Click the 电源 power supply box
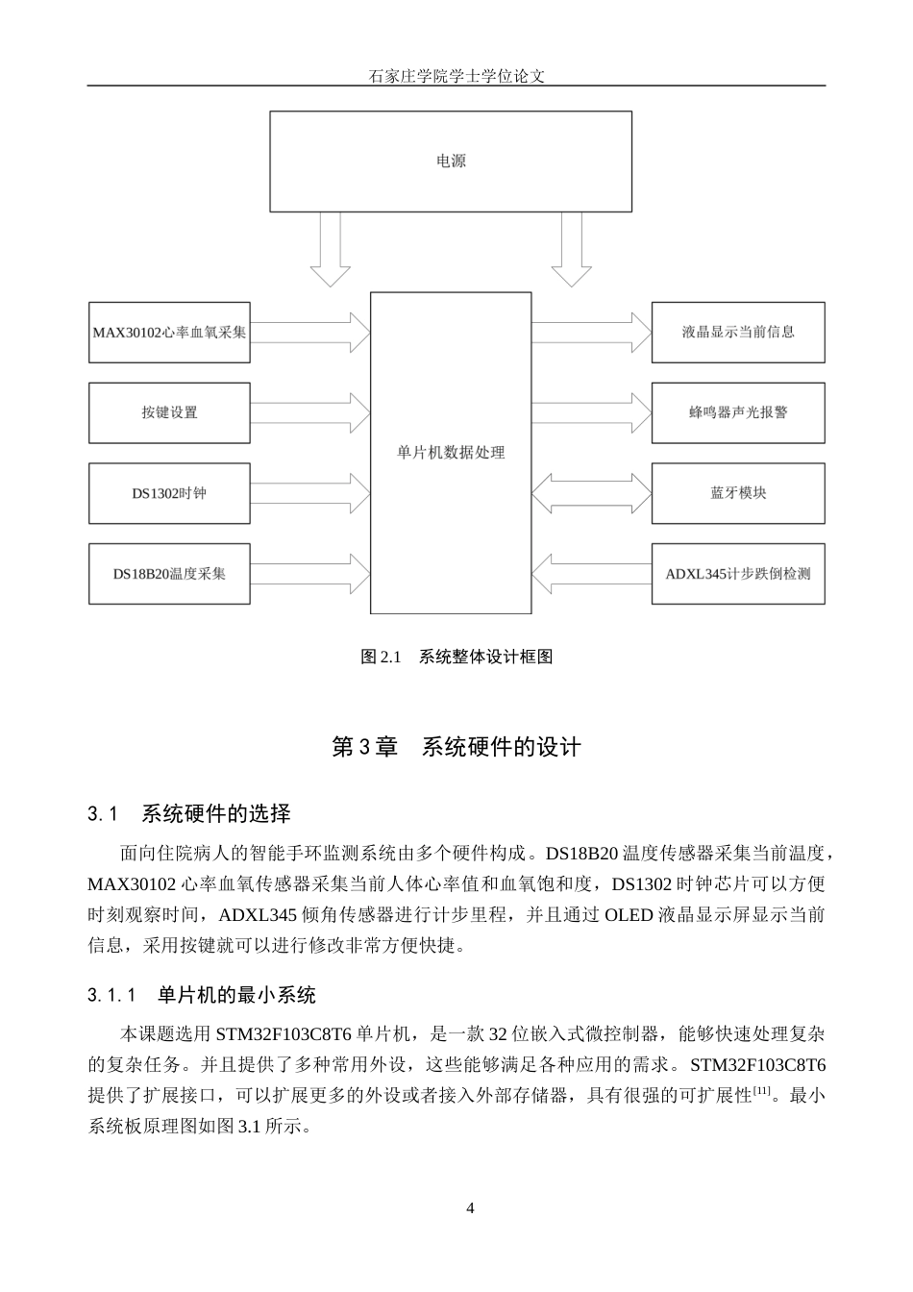tap(451, 161)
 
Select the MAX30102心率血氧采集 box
tap(169, 333)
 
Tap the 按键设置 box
tap(169, 412)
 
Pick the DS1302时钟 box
tap(169, 493)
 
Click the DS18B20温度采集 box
tap(169, 574)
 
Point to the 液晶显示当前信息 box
tap(738, 333)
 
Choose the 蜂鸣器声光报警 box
tap(738, 412)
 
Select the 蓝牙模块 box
tap(738, 493)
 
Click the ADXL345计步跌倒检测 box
tap(738, 574)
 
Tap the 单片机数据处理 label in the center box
tap(451, 453)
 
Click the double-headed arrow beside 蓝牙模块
tap(591, 493)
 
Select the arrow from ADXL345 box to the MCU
tap(591, 574)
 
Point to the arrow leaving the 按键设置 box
tap(310, 412)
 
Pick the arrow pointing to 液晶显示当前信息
tap(591, 333)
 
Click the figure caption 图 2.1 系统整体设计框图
tap(456, 658)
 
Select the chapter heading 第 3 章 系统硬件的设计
tap(456, 747)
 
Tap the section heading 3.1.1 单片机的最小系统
tap(202, 995)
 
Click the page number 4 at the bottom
tap(470, 1208)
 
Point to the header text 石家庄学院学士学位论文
tap(456, 76)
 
